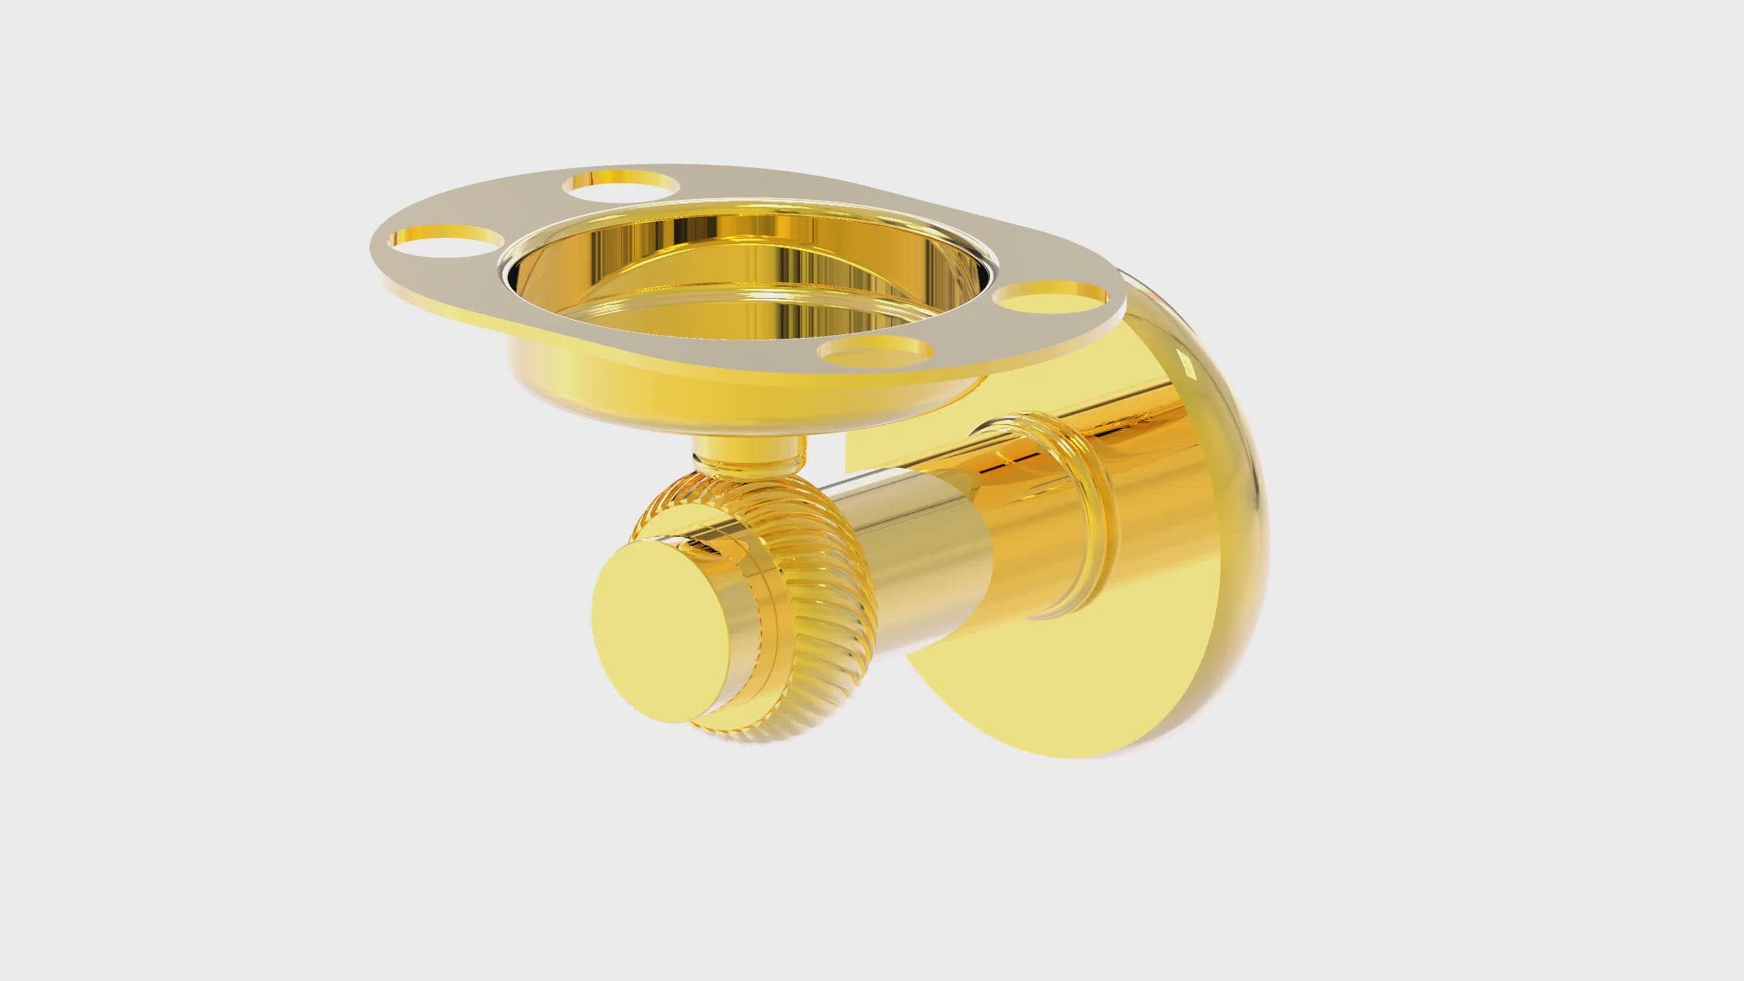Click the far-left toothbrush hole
click(445, 240)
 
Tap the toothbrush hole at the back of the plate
click(621, 184)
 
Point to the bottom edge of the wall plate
click(1090, 750)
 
